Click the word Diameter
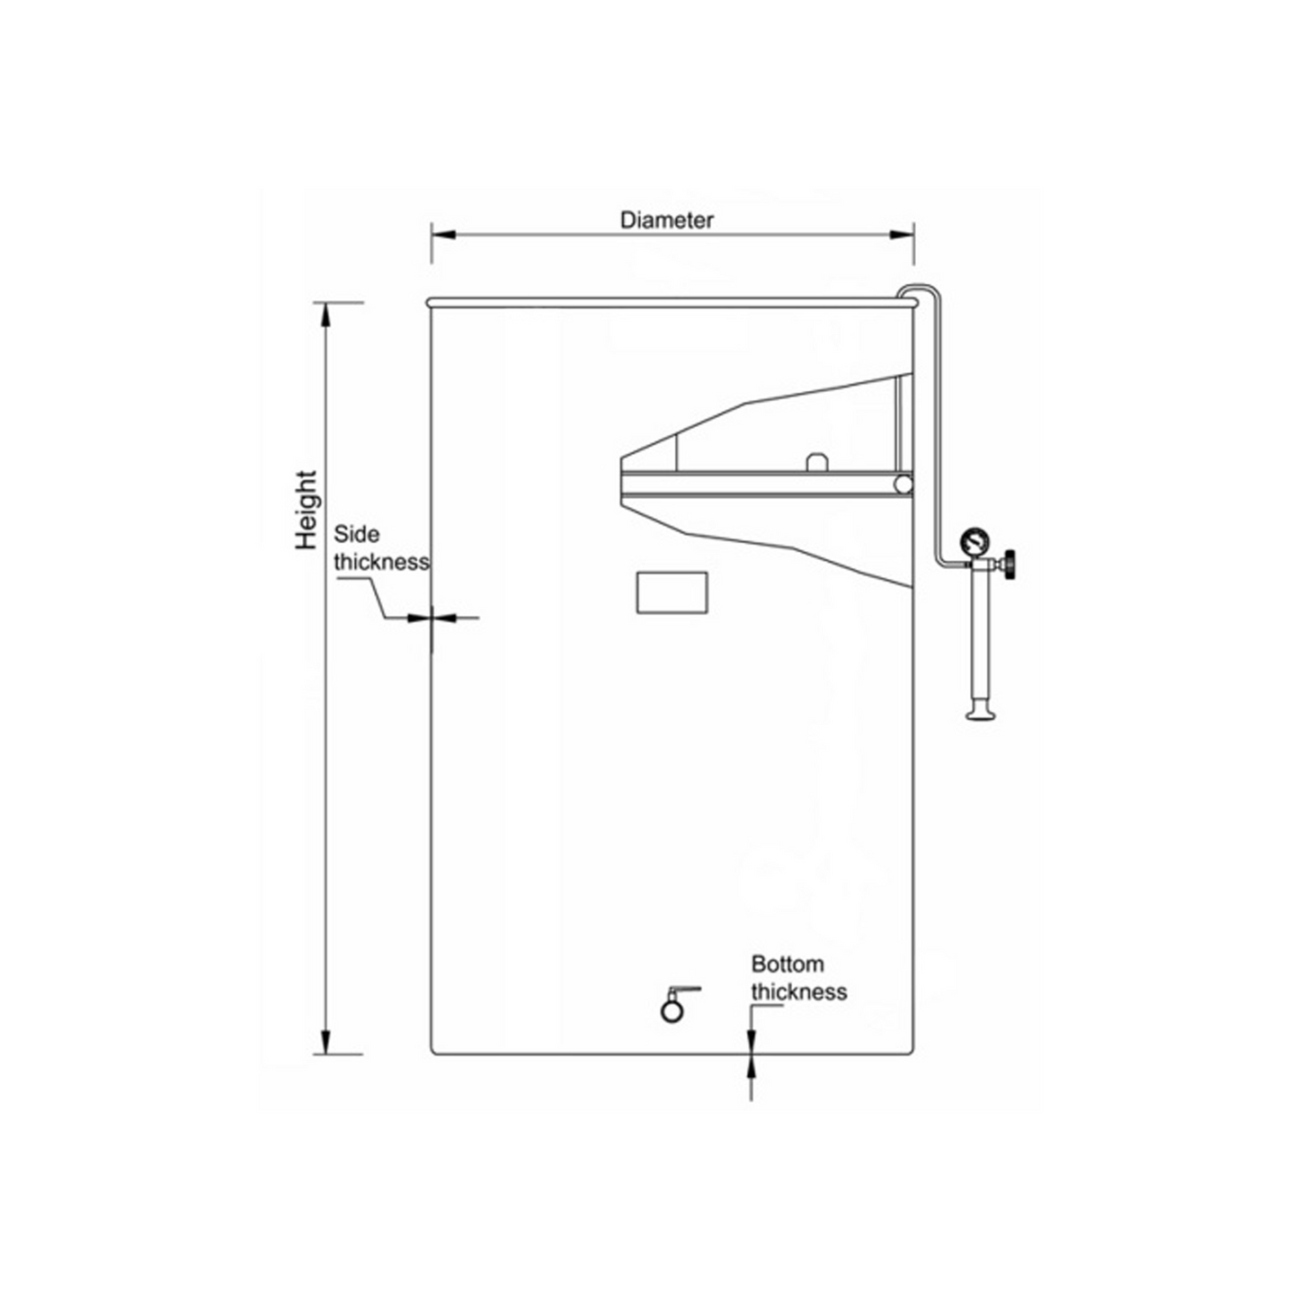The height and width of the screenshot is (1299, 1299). pyautogui.click(x=666, y=220)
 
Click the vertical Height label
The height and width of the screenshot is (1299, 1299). pyautogui.click(x=307, y=509)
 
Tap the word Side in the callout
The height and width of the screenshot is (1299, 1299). pyautogui.click(x=356, y=534)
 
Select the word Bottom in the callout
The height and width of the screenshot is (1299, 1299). pyautogui.click(x=787, y=965)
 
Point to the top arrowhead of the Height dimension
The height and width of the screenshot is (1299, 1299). pyautogui.click(x=325, y=315)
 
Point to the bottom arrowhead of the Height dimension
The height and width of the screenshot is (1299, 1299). pyautogui.click(x=325, y=1042)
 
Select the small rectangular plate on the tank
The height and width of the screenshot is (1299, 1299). pyautogui.click(x=672, y=592)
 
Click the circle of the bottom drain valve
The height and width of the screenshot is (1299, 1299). pyautogui.click(x=672, y=1010)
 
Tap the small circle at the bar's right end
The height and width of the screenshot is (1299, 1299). pyautogui.click(x=903, y=485)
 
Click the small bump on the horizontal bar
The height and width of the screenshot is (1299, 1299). pyautogui.click(x=816, y=461)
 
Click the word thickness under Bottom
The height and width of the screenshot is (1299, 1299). pyautogui.click(x=798, y=992)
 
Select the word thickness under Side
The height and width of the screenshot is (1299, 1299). pyautogui.click(x=381, y=562)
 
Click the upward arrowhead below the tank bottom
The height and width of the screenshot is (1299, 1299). pyautogui.click(x=751, y=1066)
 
